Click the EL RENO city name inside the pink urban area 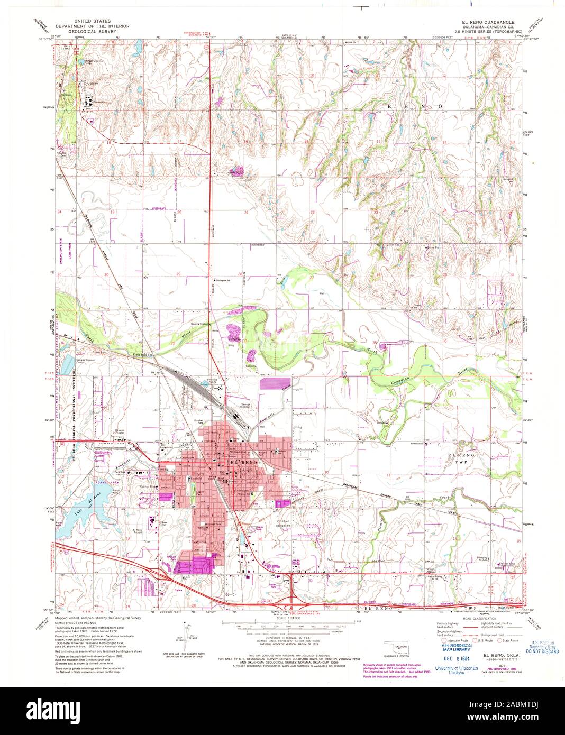click(x=244, y=463)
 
